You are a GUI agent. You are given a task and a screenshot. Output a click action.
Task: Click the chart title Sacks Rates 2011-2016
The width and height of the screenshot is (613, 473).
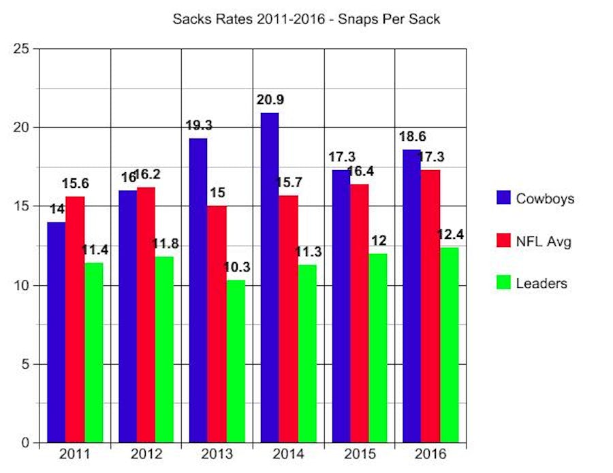point(306,19)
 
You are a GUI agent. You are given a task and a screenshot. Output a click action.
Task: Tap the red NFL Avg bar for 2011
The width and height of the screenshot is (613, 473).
point(75,320)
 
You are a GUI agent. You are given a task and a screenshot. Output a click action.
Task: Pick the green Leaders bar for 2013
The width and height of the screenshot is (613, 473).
point(236,361)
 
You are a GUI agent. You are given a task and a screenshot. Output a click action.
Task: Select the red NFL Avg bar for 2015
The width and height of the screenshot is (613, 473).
point(360,313)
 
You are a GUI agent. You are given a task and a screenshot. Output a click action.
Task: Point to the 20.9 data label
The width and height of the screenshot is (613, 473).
point(270,100)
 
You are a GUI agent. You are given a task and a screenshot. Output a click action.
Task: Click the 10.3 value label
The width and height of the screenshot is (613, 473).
point(236,267)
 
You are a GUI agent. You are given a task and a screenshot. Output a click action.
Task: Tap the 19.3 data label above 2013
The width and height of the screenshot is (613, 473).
point(199,125)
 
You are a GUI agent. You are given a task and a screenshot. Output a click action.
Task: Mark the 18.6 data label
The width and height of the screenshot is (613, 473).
point(413,137)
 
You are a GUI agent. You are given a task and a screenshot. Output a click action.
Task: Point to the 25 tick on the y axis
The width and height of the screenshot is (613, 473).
point(23,49)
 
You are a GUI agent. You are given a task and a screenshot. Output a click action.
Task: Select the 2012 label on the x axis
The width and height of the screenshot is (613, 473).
point(146,453)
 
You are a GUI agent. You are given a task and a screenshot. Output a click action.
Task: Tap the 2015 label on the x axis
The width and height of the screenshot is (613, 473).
point(360,453)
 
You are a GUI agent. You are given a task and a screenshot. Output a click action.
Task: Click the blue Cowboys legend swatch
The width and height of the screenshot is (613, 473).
point(503,198)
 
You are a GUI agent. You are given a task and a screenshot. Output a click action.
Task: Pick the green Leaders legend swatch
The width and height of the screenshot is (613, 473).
point(503,282)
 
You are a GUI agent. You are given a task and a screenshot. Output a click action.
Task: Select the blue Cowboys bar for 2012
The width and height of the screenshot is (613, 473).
point(128,316)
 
